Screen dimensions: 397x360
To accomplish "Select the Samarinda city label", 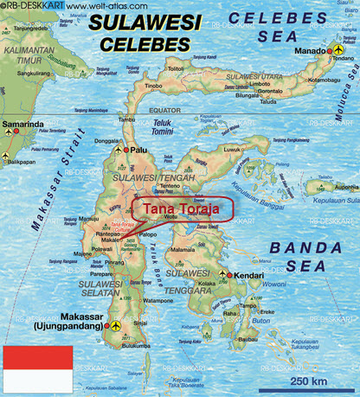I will click(23, 125).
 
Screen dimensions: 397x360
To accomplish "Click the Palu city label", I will click(137, 150).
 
